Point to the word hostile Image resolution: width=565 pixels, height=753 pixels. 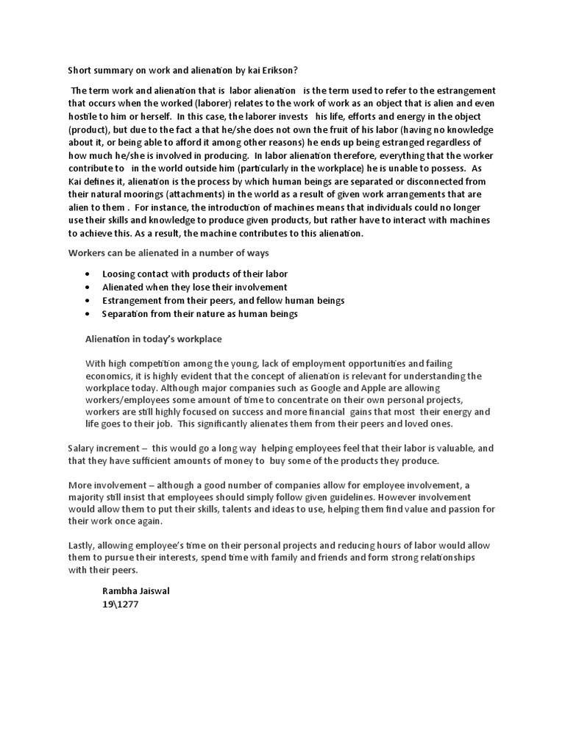click(x=85, y=117)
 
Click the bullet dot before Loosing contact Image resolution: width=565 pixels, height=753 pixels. click(x=88, y=274)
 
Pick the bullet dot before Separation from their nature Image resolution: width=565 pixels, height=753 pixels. click(x=88, y=314)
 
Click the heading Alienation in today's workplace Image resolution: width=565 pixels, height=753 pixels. click(x=154, y=339)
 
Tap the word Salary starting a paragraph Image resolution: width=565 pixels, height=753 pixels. click(x=83, y=447)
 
